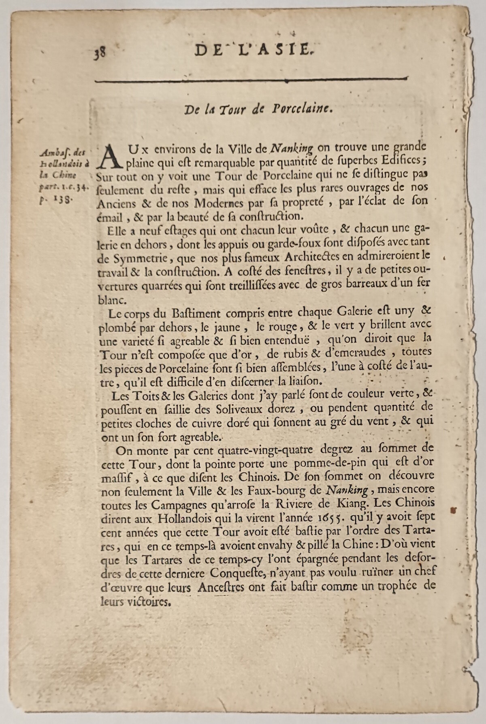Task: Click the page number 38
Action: pyautogui.click(x=100, y=53)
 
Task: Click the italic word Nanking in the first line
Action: pyautogui.click(x=291, y=148)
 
